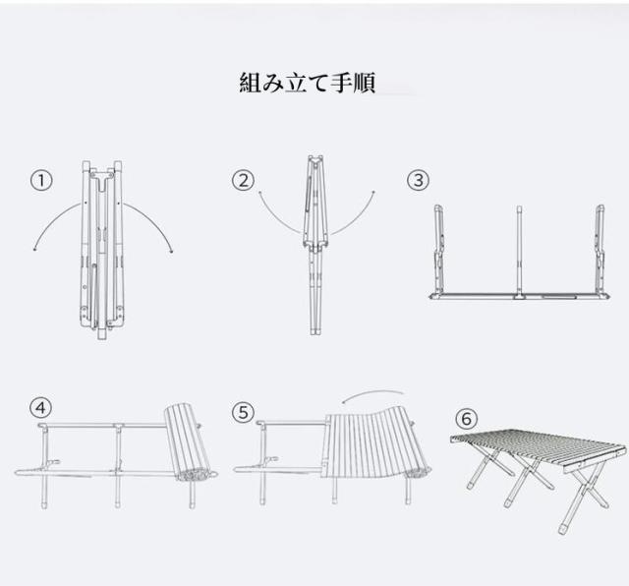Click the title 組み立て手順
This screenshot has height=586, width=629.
pyautogui.click(x=307, y=82)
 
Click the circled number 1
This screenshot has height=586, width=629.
pyautogui.click(x=40, y=181)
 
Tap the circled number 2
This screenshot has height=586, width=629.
pyautogui.click(x=244, y=181)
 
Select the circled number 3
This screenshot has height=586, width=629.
pyautogui.click(x=419, y=180)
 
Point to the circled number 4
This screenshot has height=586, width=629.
pyautogui.click(x=40, y=408)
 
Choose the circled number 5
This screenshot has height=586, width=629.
pyautogui.click(x=243, y=412)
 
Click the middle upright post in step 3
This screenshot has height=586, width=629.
pyautogui.click(x=518, y=251)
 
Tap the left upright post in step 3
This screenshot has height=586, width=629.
pyautogui.click(x=439, y=251)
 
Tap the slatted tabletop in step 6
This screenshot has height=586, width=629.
pyautogui.click(x=536, y=447)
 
